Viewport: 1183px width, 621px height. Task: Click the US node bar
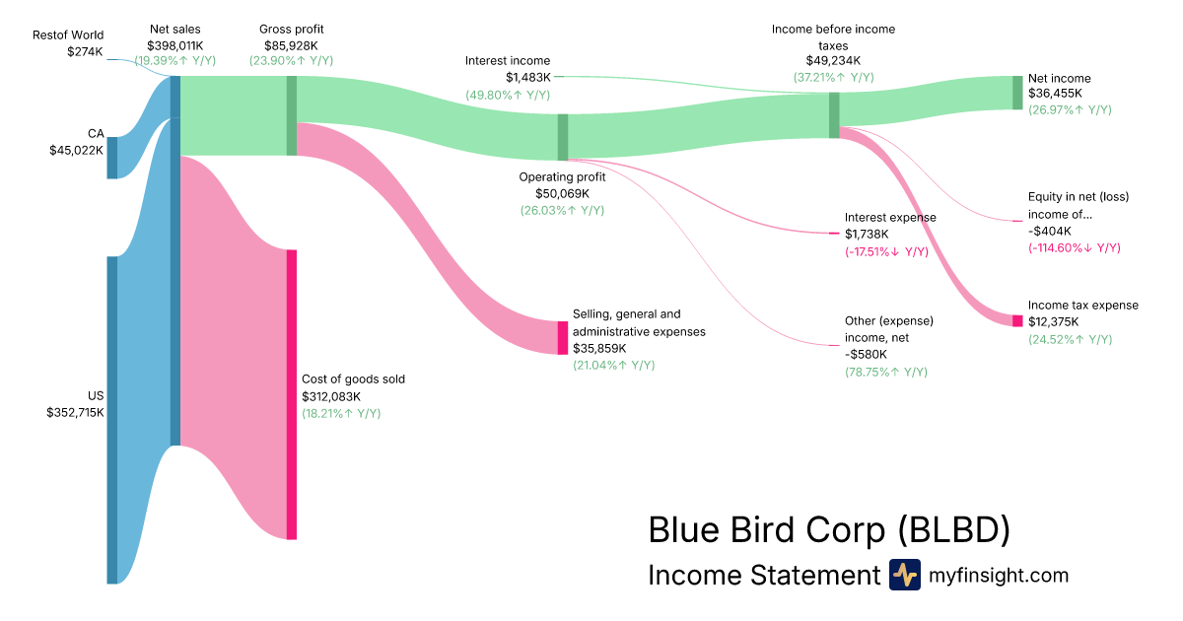click(x=112, y=420)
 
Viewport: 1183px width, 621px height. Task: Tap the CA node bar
click(x=112, y=158)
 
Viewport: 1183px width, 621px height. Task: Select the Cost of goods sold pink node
click(x=292, y=394)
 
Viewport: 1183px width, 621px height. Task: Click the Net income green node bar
click(x=1017, y=93)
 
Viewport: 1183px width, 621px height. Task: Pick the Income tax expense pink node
click(x=1017, y=320)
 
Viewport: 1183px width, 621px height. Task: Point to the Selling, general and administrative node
click(x=563, y=338)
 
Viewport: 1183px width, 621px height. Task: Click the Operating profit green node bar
click(x=563, y=136)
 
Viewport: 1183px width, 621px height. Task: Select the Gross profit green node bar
click(x=292, y=115)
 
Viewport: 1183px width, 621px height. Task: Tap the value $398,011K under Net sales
click(x=175, y=45)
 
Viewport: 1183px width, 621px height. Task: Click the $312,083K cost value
click(x=331, y=396)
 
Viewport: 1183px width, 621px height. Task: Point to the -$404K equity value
click(x=1049, y=232)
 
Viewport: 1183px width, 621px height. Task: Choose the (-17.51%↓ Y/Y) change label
click(x=886, y=252)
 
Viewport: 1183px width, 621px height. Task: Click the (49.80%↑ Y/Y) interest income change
click(x=508, y=95)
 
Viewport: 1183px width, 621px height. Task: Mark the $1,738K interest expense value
click(x=867, y=235)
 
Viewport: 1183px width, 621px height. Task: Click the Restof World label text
click(x=68, y=34)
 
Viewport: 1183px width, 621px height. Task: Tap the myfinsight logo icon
click(x=904, y=575)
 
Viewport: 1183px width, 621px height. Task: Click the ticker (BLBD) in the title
click(x=954, y=529)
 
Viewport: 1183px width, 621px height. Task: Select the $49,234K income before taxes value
click(x=833, y=60)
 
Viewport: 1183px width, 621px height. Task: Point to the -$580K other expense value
click(x=867, y=355)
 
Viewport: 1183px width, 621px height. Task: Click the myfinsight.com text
click(x=999, y=575)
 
